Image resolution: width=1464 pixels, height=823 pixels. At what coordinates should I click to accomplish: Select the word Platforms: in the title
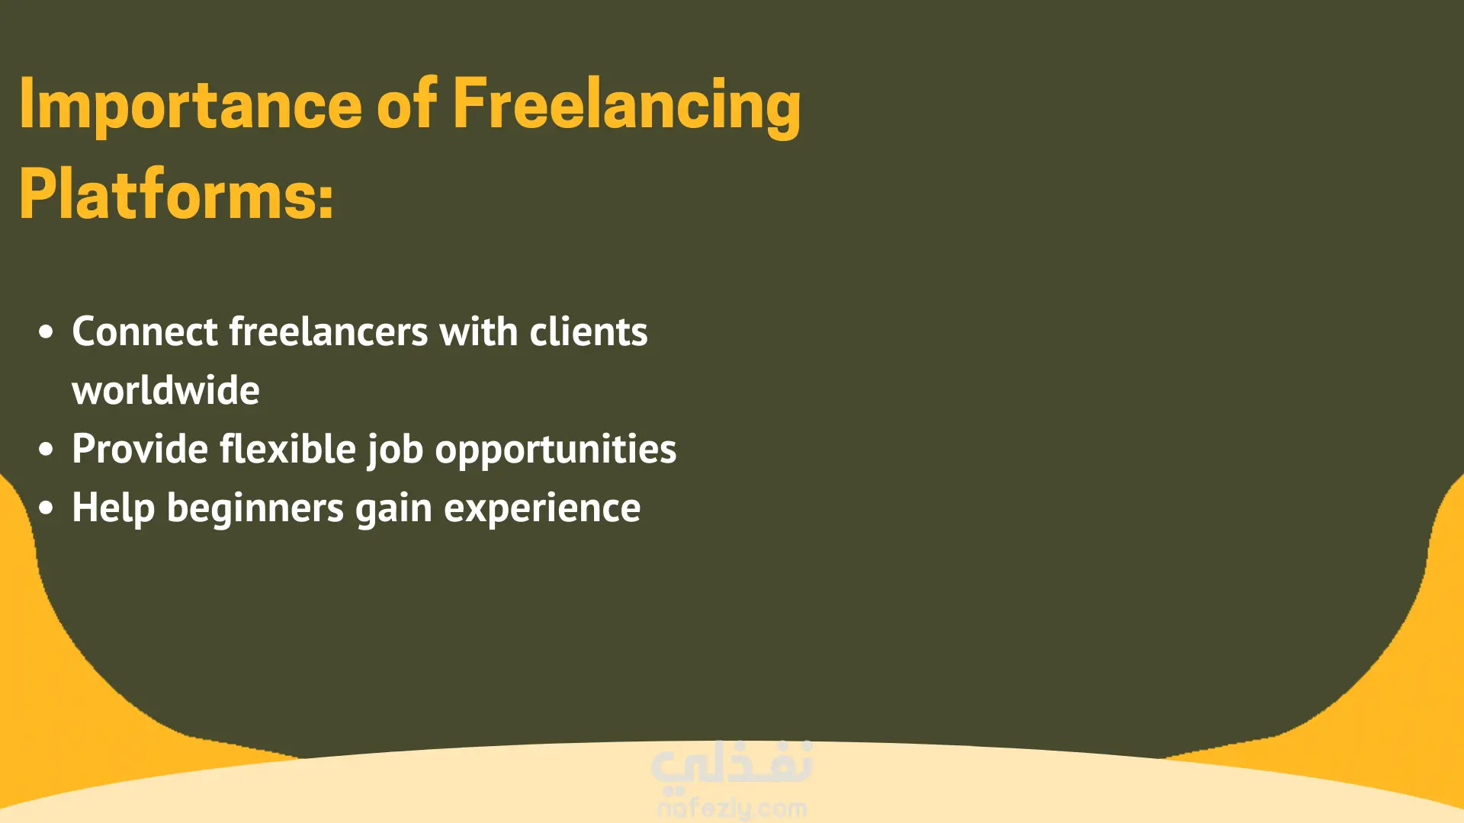point(176,195)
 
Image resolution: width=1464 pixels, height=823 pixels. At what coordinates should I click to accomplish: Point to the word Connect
point(145,332)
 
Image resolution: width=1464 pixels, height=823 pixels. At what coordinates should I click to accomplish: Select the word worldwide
point(165,390)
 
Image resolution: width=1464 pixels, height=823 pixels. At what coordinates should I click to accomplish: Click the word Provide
point(140,449)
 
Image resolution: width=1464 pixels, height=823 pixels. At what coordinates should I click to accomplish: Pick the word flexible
point(288,449)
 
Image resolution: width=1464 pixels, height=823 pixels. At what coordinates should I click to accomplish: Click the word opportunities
point(556,451)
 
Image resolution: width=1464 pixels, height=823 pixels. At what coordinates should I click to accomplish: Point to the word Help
point(114,509)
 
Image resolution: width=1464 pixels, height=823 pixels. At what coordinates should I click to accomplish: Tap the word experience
point(542,510)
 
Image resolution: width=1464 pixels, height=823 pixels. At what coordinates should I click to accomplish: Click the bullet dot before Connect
point(47,332)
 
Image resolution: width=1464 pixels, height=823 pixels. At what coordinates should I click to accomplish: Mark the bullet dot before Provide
point(47,450)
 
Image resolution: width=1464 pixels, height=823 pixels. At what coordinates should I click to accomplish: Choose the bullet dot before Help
point(47,508)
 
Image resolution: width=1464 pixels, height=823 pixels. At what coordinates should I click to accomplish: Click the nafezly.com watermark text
point(732,808)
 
